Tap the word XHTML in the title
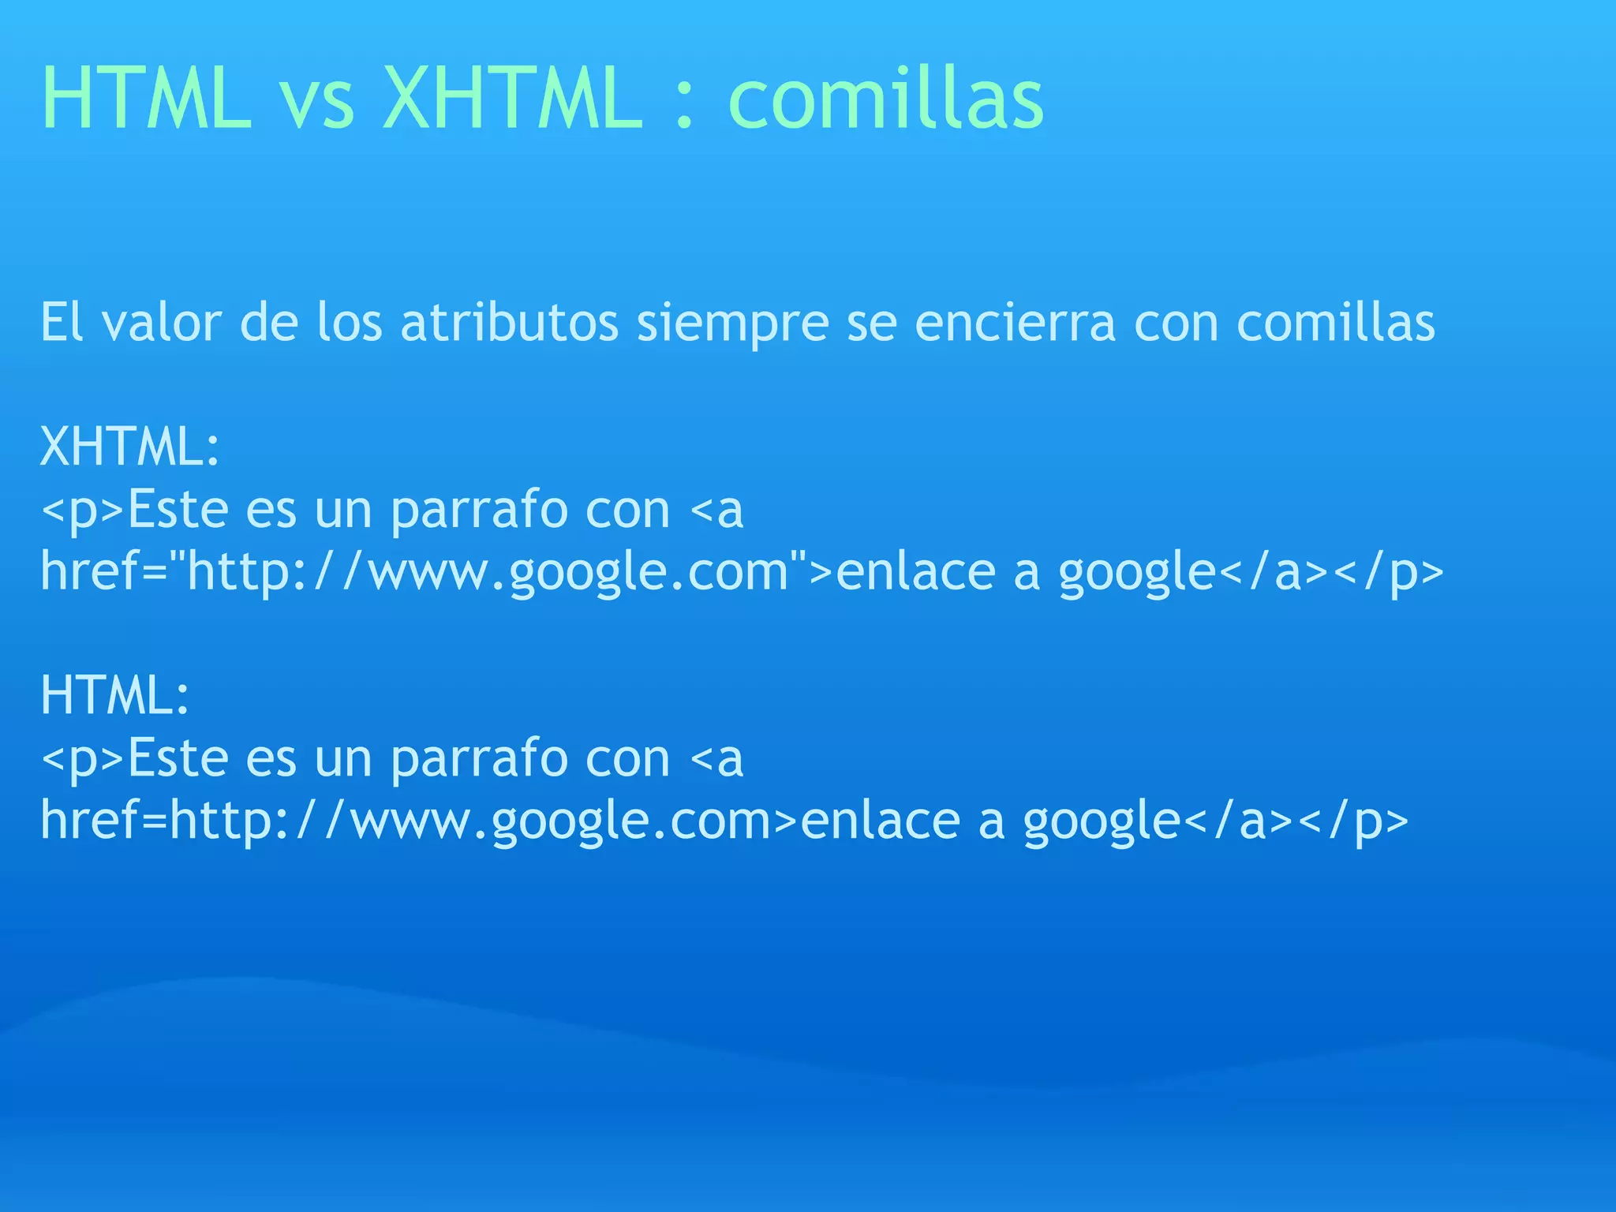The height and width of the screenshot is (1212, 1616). coord(512,99)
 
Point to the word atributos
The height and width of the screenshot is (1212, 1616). coord(510,324)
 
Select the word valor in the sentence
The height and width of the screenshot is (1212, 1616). coord(162,324)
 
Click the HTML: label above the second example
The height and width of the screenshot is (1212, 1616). coord(115,696)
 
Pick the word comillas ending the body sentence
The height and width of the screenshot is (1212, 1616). coord(1335,324)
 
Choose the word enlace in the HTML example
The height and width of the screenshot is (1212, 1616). coord(881,821)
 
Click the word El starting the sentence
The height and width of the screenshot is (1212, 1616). coord(62,324)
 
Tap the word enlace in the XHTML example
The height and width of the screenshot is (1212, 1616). coord(915,572)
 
